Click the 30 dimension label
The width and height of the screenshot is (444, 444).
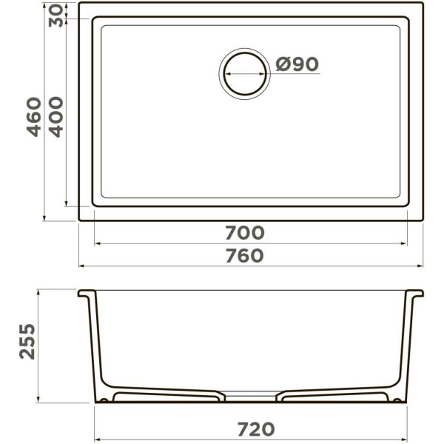56,16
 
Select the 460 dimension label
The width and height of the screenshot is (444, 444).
34,117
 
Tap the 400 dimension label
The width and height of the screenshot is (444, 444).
55,117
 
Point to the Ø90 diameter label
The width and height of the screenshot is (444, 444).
297,64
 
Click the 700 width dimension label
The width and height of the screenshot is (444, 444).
245,233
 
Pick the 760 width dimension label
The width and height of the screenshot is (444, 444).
245,255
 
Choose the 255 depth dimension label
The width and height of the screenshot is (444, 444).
27,342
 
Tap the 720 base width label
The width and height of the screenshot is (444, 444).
256,429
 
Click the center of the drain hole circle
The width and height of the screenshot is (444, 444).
245,73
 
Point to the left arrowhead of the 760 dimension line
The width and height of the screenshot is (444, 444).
82,266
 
